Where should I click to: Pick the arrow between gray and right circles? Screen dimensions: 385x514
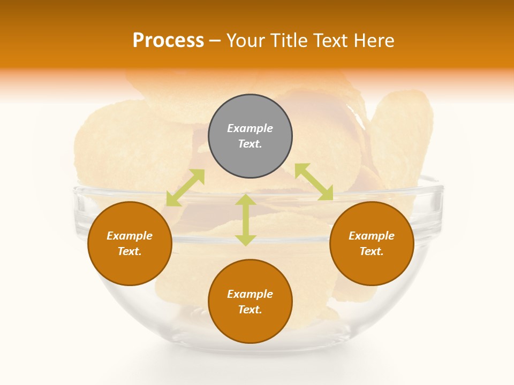314,182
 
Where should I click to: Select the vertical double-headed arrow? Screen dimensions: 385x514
246,220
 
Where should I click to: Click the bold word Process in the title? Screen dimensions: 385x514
168,40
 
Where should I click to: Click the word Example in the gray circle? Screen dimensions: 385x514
250,128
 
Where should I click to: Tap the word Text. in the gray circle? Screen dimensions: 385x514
250,144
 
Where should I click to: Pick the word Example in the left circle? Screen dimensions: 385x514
130,236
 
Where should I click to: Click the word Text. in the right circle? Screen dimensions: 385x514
372,251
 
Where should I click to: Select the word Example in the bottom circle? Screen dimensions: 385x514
250,294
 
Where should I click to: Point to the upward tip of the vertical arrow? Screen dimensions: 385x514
246,196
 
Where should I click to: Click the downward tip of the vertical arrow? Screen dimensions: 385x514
246,244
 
